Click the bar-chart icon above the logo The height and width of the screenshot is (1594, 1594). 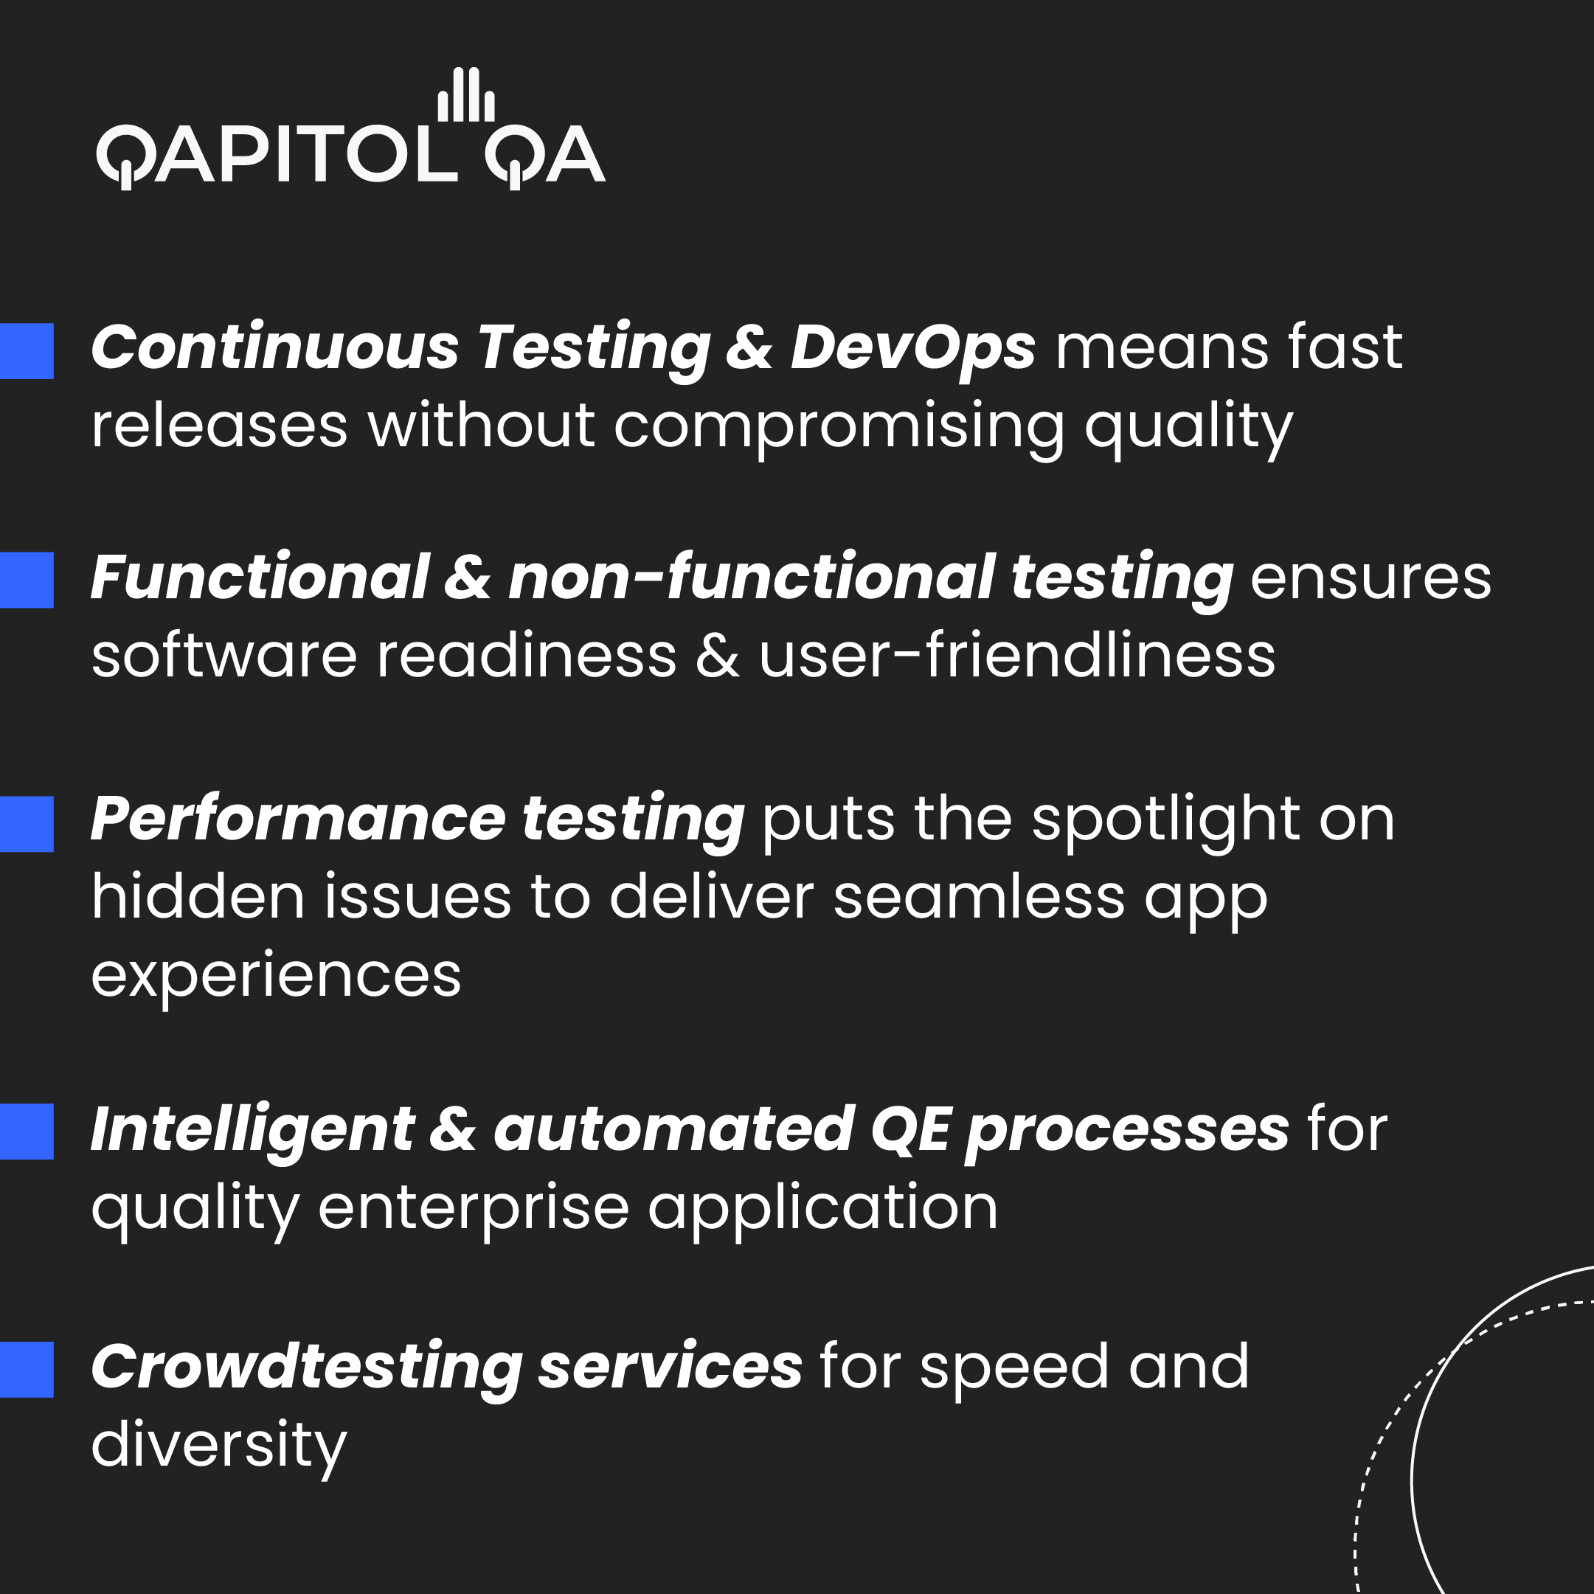click(x=465, y=95)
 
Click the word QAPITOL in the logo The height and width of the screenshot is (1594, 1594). click(x=277, y=155)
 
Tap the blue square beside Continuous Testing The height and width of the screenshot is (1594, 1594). click(x=27, y=350)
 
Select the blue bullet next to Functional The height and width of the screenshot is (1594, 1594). click(x=27, y=580)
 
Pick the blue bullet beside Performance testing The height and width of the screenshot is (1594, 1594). click(x=27, y=823)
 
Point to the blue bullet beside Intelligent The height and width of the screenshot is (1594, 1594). click(x=27, y=1132)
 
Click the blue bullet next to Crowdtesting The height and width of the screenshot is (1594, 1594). click(x=27, y=1370)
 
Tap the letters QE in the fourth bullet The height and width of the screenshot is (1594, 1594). click(x=911, y=1129)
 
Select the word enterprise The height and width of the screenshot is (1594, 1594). click(x=474, y=1209)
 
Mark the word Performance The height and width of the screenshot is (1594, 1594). click(x=298, y=820)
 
